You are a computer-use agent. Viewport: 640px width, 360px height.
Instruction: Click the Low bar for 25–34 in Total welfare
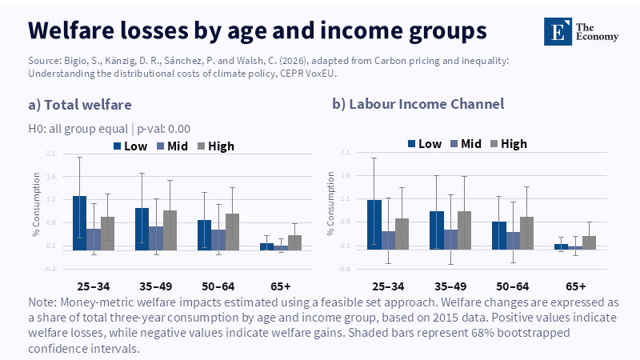(79, 223)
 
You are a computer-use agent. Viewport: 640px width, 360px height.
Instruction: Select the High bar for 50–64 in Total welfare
(232, 232)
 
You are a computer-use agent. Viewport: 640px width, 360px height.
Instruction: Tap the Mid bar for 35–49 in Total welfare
(155, 238)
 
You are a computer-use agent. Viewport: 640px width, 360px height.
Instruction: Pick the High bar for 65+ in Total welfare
(294, 242)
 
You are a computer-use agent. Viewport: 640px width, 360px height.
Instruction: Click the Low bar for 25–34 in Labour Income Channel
(374, 225)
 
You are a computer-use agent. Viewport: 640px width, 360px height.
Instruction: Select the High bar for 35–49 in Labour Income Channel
(464, 230)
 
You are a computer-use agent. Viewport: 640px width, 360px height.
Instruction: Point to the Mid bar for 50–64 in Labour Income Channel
(513, 241)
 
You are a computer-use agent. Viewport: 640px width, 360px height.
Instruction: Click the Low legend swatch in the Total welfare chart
(117, 146)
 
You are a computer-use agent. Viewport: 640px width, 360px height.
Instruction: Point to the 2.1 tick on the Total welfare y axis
(50, 154)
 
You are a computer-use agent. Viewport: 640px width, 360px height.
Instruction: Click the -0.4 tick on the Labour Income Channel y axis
(345, 269)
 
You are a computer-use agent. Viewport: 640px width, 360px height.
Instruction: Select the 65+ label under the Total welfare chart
(281, 285)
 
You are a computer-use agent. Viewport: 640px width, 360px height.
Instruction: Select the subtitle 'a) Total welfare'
(79, 104)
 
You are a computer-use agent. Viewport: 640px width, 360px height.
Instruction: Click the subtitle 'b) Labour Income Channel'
(418, 104)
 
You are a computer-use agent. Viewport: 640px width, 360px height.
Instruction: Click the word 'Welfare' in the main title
(77, 30)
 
